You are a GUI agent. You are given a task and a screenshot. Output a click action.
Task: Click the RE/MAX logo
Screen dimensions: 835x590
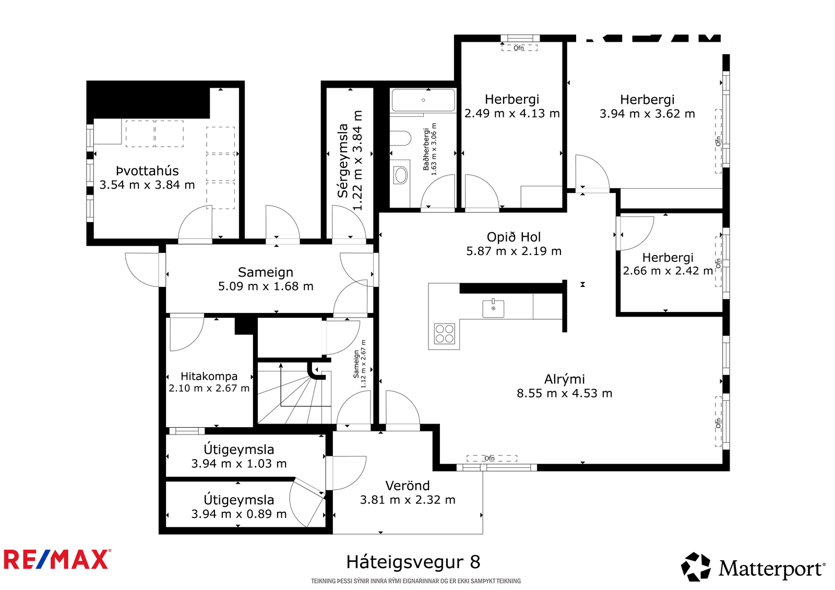click(x=57, y=559)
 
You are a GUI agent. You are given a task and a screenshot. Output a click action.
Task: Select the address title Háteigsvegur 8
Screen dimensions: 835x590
click(x=413, y=562)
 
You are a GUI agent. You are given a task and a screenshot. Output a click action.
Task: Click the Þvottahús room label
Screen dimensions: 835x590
click(x=147, y=171)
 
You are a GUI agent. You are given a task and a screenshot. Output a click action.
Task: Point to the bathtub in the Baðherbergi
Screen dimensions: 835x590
click(x=423, y=100)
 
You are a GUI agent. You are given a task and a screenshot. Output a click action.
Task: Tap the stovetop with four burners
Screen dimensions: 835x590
click(x=444, y=333)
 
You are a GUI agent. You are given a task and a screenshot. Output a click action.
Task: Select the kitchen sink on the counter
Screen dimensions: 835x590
click(x=493, y=308)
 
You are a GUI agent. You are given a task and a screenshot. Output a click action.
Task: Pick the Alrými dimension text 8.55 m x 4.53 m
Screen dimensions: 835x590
click(x=564, y=393)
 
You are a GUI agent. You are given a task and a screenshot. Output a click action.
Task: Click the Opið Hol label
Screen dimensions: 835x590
click(x=514, y=237)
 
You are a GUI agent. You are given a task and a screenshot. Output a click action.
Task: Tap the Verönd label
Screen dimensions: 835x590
click(x=408, y=486)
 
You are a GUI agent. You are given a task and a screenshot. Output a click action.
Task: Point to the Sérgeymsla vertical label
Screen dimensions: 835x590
click(x=342, y=161)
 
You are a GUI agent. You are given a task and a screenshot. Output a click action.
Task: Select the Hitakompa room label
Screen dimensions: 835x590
click(x=209, y=376)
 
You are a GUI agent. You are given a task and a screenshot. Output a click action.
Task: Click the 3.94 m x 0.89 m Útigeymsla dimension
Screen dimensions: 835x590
click(x=239, y=514)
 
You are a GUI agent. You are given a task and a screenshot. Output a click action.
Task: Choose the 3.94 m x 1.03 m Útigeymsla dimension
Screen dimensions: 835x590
click(x=239, y=464)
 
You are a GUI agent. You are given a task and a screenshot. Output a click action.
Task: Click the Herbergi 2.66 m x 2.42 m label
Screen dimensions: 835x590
click(x=667, y=264)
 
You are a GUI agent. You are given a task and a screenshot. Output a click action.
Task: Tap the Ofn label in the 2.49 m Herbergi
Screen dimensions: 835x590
click(x=519, y=48)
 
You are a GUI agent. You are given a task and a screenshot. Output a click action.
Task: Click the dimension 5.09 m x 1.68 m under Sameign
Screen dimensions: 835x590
click(x=266, y=286)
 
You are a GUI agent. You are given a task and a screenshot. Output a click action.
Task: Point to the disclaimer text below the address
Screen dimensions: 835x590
click(x=416, y=581)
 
